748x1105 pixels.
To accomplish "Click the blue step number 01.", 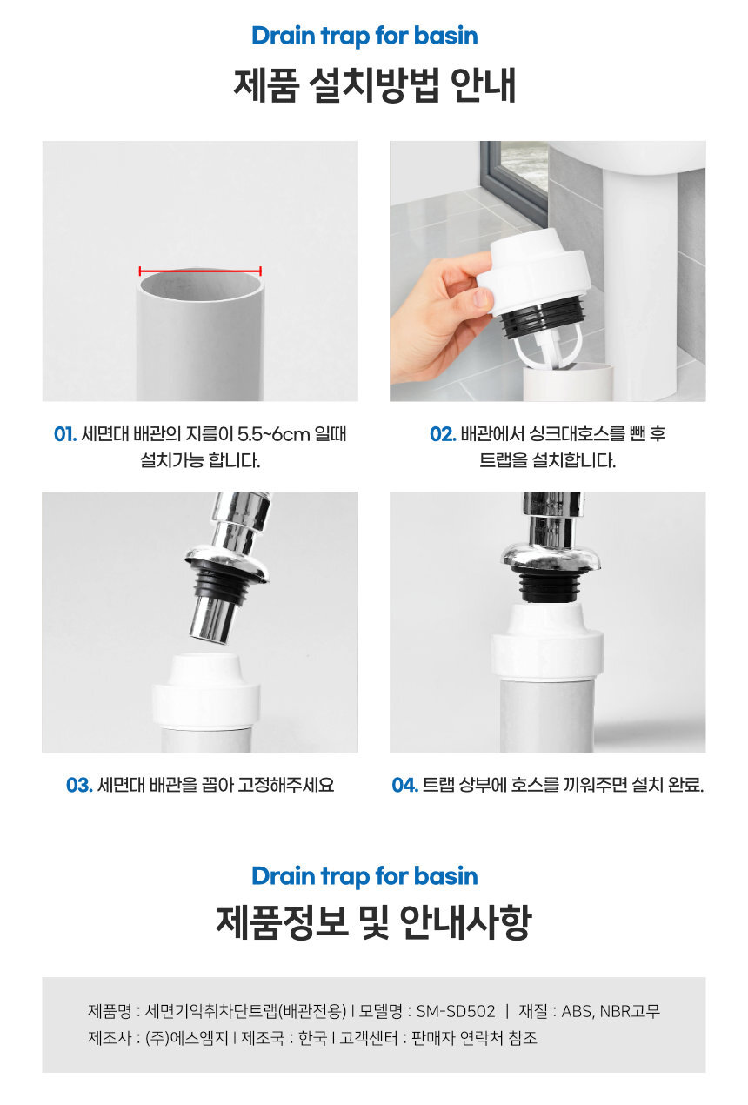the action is [x=65, y=434].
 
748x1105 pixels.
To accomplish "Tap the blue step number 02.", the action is [x=443, y=434].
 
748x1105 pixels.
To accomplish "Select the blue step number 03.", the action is [x=79, y=785].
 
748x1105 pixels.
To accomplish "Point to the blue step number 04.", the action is [x=404, y=785].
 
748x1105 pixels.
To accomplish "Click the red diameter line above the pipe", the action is [x=200, y=271].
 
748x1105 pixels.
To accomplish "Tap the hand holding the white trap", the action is [x=440, y=321].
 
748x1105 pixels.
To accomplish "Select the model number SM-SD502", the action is [x=456, y=1011].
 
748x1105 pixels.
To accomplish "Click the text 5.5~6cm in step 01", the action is [x=273, y=434].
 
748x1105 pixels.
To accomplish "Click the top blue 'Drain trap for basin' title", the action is [x=365, y=36].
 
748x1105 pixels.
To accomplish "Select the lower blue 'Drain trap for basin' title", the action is [x=365, y=876].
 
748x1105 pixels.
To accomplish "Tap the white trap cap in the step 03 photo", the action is [x=206, y=691].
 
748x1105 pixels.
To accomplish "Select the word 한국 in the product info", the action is [x=312, y=1038].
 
